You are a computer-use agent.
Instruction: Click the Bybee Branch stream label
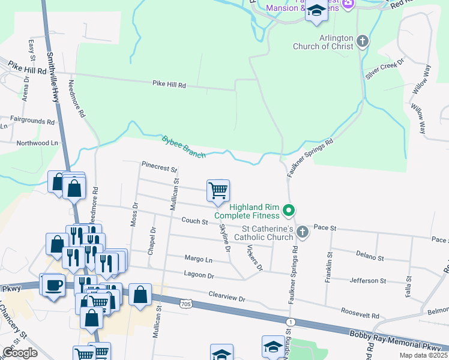[x=184, y=147]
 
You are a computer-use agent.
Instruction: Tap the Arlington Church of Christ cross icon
[x=362, y=41]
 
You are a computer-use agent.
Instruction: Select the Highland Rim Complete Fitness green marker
[x=289, y=210]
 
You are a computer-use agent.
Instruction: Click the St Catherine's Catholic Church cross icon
[x=302, y=232]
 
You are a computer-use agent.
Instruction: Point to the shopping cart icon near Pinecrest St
[x=218, y=190]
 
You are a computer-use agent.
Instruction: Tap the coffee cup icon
[x=52, y=284]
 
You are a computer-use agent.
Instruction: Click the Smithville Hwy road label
[x=53, y=78]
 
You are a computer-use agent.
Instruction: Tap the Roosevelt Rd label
[x=360, y=314]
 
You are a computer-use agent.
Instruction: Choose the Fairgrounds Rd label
[x=32, y=121]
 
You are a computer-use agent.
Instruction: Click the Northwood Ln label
[x=37, y=143]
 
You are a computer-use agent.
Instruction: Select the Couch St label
[x=194, y=221]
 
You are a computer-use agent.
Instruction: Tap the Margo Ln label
[x=199, y=260]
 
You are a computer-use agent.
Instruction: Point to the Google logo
[x=20, y=353]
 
